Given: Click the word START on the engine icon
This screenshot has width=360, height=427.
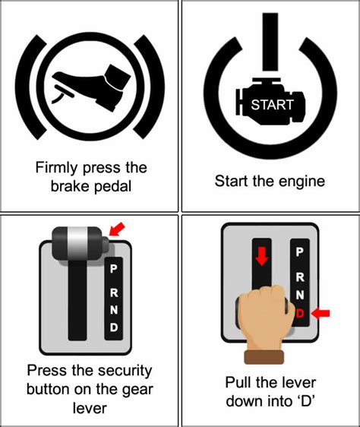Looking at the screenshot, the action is point(272,105).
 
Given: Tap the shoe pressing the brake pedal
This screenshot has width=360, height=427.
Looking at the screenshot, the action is point(93,85).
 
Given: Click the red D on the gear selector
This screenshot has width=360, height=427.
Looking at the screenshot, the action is point(299,314).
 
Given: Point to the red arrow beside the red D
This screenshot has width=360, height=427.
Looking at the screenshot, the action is point(321,313).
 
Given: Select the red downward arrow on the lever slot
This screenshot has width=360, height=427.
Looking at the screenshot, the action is point(262,257).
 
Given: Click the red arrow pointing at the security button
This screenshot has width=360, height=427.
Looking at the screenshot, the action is point(117,229).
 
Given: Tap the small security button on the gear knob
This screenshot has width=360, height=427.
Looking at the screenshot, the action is point(106,245).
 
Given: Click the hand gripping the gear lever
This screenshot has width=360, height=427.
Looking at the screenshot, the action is point(267,318).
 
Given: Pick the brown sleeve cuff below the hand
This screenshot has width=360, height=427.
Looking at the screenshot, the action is point(264,357).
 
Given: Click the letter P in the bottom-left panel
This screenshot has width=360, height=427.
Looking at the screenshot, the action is point(114,269).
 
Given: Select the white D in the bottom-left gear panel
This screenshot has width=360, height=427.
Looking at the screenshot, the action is point(114,327).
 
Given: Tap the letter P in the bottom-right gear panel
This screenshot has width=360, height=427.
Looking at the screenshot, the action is point(299,252).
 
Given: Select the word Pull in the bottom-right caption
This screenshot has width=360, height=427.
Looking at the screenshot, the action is point(238,382).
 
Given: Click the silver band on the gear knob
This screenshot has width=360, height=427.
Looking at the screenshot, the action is point(77,242).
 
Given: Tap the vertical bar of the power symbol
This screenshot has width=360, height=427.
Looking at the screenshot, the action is point(270,42).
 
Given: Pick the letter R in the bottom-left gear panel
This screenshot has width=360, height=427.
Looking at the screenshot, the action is point(114,293).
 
